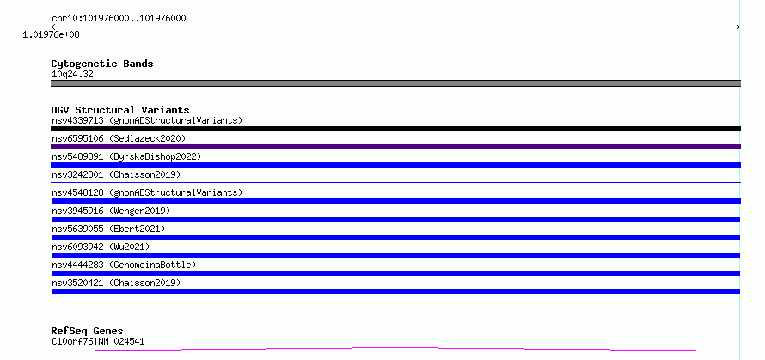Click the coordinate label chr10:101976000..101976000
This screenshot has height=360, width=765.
[119, 19]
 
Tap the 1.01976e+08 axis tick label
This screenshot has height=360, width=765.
[52, 35]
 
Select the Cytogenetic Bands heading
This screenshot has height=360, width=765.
[102, 64]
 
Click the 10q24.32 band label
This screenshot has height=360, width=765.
[72, 75]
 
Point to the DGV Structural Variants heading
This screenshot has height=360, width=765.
[120, 110]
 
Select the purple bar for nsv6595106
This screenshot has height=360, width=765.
[395, 147]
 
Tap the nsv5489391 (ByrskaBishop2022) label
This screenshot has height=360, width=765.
[126, 156]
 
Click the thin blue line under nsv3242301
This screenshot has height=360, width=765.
[395, 182]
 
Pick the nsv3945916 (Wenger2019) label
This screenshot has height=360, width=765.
[111, 211]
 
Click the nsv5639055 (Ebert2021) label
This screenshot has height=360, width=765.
[108, 229]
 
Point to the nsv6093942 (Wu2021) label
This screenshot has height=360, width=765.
[101, 247]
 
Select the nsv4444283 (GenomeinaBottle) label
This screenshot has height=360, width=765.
[124, 265]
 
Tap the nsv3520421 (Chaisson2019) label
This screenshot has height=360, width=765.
[116, 283]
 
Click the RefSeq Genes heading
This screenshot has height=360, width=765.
[88, 332]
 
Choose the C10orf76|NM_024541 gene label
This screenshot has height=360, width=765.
[98, 342]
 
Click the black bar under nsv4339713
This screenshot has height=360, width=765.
[395, 129]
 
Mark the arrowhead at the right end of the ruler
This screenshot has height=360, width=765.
[738, 27]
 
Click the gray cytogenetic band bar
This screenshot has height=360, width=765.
[395, 83]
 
